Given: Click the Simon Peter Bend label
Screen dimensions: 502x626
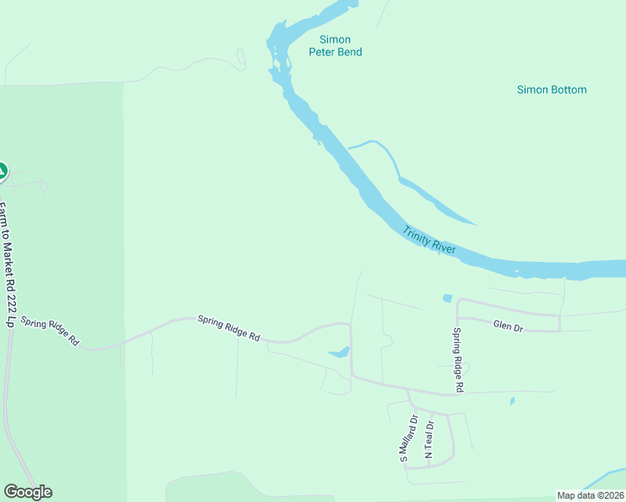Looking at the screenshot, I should pos(335,45).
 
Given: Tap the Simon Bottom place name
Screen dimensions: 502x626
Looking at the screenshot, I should pos(552,90).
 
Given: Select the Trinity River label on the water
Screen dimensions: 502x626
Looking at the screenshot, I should pos(428,241).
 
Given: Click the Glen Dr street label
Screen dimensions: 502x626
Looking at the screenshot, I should pos(508,326).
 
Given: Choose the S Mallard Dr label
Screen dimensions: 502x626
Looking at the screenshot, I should pos(405,440).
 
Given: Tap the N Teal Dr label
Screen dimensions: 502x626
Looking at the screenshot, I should pos(429,438).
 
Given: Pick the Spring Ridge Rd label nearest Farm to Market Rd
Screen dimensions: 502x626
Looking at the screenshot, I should pos(50,331).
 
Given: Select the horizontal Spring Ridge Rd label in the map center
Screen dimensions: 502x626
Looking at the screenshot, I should pos(228,327).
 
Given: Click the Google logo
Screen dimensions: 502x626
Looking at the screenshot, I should pos(28,492).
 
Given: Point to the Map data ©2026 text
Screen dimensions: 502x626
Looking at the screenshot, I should pos(590,495).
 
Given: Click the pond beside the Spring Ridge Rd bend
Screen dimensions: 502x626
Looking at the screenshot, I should pos(341,352).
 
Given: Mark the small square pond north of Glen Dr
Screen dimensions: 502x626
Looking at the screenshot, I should pos(448,298).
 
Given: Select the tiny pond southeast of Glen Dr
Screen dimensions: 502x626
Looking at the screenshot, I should pos(512,402).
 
